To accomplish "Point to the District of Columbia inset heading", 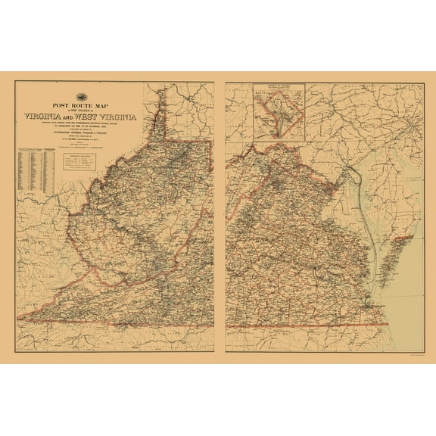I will (x=279, y=86).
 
